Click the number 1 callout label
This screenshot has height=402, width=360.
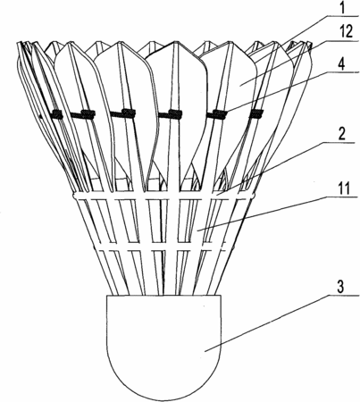click(342, 8)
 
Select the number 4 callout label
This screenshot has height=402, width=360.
click(342, 63)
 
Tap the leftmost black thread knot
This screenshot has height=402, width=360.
click(56, 114)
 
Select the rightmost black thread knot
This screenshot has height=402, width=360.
click(256, 113)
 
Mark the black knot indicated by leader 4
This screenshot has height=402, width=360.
click(221, 114)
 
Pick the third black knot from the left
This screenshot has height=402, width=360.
click(129, 113)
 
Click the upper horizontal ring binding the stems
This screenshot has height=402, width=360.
click(163, 196)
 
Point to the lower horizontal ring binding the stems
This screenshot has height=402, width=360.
click(163, 248)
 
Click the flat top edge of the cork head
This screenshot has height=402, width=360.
click(164, 296)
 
